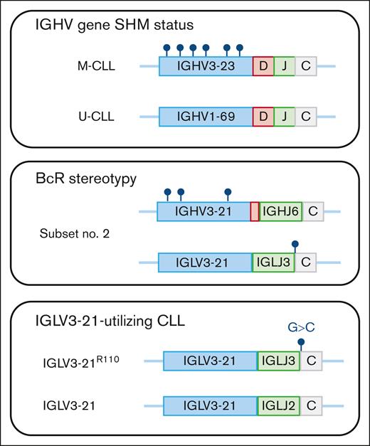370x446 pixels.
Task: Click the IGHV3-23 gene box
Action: (206, 67)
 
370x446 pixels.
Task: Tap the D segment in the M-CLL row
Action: (263, 67)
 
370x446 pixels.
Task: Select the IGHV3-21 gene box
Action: (203, 211)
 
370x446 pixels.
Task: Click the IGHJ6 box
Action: (280, 211)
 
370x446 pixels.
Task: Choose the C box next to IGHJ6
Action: (313, 211)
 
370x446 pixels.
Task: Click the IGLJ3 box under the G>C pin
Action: (278, 361)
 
